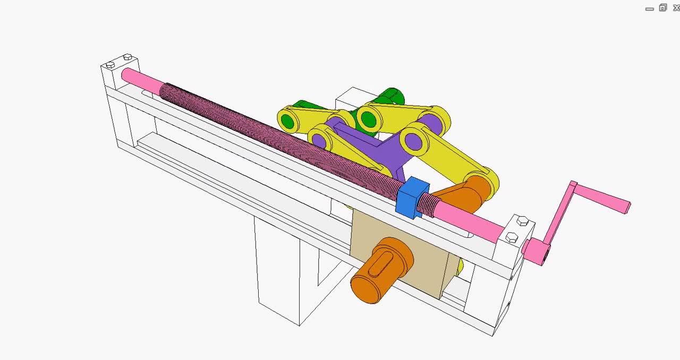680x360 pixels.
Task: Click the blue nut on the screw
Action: point(412,198)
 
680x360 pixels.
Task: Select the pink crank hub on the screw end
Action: point(538,251)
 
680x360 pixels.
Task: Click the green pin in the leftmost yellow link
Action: point(288,121)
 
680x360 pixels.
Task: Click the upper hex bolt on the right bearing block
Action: point(522,220)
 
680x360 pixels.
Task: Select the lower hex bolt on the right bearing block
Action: point(512,237)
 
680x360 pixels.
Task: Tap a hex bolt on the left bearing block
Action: point(110,65)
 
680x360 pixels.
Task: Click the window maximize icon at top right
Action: point(662,7)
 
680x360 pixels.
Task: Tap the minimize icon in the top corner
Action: point(649,9)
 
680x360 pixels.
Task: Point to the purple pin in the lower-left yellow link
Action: point(319,141)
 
